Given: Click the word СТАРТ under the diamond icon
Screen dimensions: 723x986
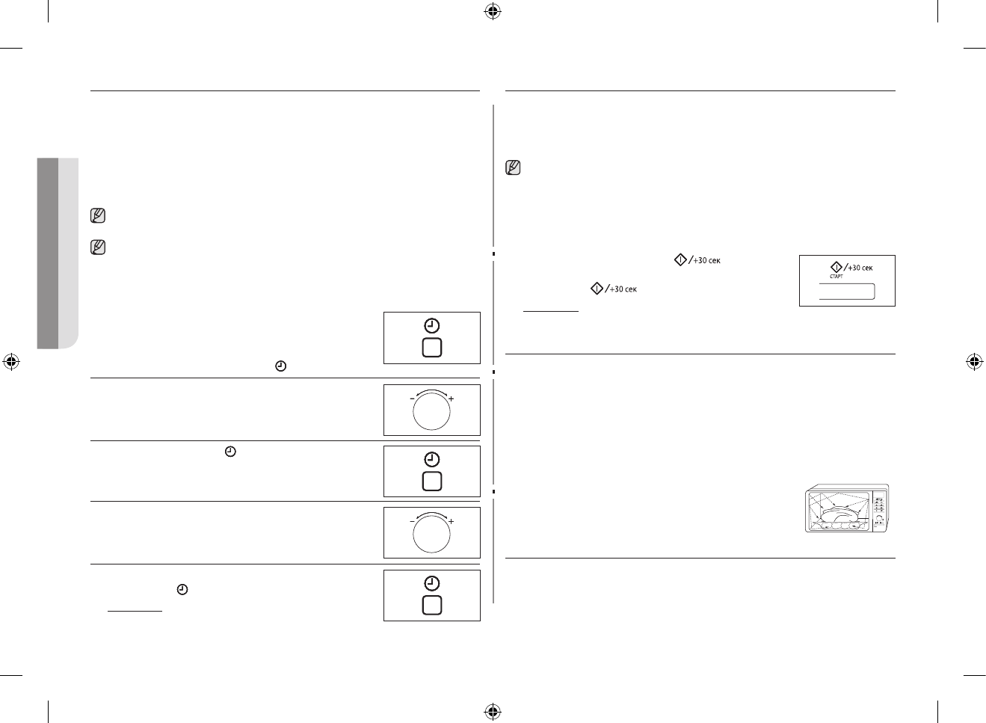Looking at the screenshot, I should point(836,277).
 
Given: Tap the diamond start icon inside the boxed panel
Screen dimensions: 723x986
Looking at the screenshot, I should point(836,267).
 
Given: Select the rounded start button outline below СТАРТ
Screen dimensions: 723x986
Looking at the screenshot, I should point(847,292).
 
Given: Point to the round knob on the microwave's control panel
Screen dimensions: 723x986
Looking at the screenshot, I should point(879,517).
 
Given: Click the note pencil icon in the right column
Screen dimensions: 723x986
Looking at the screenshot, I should point(514,167).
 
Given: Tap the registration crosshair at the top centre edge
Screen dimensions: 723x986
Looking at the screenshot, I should point(492,11).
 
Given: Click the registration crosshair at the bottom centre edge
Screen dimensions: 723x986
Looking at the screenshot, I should point(492,710).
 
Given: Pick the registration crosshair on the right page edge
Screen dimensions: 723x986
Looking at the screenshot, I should point(973,362).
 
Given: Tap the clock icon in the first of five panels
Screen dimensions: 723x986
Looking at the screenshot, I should point(431,326).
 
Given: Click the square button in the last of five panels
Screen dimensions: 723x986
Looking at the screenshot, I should point(431,605).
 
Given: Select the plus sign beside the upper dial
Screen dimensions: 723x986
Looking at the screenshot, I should point(451,399).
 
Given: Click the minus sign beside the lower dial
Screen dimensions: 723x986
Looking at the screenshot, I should point(412,521).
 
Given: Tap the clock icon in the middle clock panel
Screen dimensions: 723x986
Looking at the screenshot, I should point(431,460).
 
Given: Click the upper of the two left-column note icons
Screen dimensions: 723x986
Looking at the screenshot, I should point(97,216).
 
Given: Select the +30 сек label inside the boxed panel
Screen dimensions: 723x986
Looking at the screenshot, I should point(860,268).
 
